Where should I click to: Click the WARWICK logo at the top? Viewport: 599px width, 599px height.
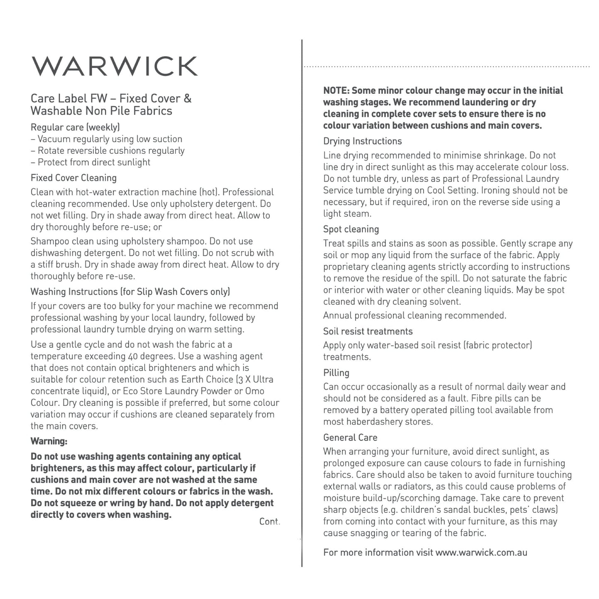[x=115, y=66]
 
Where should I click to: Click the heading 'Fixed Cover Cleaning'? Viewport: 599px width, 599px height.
[x=73, y=178]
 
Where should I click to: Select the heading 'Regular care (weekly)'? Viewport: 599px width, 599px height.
[x=75, y=127]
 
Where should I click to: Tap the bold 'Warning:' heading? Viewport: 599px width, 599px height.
[x=49, y=441]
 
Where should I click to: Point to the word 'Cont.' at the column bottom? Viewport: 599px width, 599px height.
[x=269, y=521]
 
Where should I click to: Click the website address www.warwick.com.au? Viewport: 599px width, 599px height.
[x=481, y=552]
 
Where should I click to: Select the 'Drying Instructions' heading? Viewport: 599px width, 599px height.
[x=362, y=141]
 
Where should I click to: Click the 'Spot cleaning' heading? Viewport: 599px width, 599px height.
[x=351, y=229]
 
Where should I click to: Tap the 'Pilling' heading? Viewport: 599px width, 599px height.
[x=336, y=373]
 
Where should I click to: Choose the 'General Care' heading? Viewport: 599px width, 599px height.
[x=350, y=437]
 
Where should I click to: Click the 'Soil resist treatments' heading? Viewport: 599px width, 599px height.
[x=368, y=331]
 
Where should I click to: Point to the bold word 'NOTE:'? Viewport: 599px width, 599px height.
[x=337, y=90]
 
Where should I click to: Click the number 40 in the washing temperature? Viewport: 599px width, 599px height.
[x=133, y=356]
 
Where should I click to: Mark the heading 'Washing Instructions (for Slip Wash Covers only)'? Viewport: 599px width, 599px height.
[x=130, y=291]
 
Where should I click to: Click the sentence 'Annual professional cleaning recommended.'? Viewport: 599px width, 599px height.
[x=415, y=315]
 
